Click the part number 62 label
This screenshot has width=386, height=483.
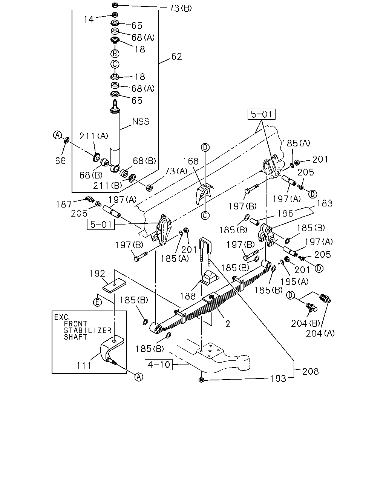[x=176, y=57]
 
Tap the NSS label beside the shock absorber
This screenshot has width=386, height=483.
[x=141, y=122]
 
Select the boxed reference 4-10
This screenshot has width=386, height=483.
[x=159, y=364]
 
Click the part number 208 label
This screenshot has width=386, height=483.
[x=310, y=371]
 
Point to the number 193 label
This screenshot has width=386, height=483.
[x=278, y=378]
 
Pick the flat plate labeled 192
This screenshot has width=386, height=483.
[x=114, y=286]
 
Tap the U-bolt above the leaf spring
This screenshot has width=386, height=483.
[x=205, y=251]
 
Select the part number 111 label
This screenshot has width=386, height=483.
[x=84, y=366]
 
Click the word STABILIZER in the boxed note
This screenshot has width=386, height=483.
[x=87, y=331]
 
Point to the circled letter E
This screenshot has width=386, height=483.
[x=97, y=302]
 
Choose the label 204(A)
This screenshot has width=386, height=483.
[x=320, y=333]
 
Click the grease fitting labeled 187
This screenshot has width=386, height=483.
[x=89, y=198]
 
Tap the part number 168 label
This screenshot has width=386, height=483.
[x=191, y=161]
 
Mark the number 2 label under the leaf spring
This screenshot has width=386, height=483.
[x=228, y=324]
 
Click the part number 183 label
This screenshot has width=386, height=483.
[x=324, y=203]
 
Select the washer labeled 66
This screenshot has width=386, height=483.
[x=67, y=141]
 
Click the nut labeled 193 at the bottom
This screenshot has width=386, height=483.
[x=201, y=380]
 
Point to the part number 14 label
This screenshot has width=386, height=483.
[x=89, y=20]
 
